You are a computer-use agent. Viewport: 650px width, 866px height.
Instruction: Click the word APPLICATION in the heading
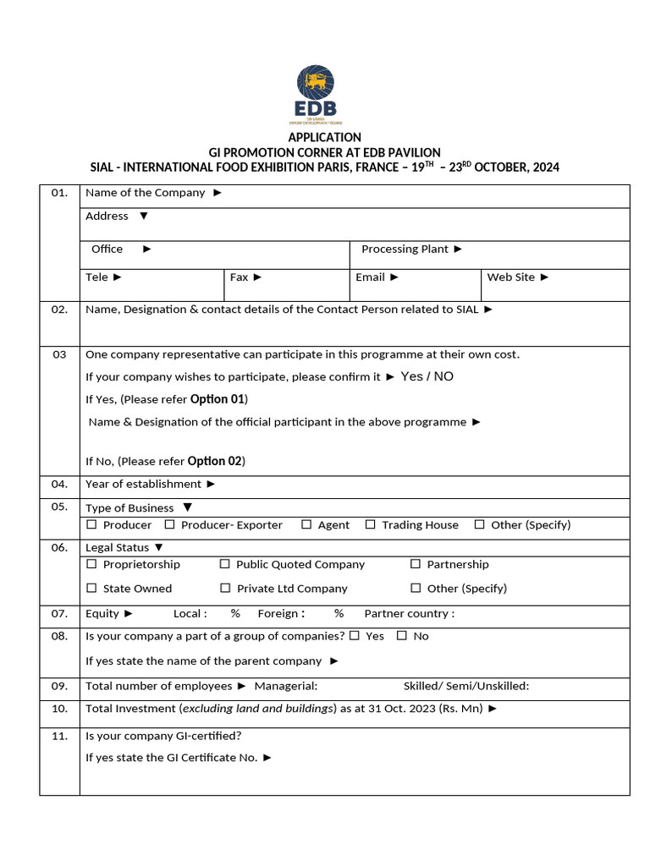pyautogui.click(x=324, y=137)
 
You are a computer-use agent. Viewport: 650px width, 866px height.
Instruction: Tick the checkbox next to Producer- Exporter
pyautogui.click(x=169, y=524)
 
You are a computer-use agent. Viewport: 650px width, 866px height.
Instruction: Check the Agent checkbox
pyautogui.click(x=306, y=524)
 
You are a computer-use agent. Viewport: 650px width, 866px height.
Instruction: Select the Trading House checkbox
pyautogui.click(x=370, y=524)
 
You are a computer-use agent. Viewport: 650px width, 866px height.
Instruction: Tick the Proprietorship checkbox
pyautogui.click(x=91, y=564)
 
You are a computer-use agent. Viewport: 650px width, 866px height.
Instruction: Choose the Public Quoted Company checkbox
pyautogui.click(x=224, y=564)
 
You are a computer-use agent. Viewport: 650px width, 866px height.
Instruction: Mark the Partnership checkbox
pyautogui.click(x=416, y=564)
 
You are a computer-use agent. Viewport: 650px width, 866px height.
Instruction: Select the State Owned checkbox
pyautogui.click(x=91, y=588)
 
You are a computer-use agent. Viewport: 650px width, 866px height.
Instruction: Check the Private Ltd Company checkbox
pyautogui.click(x=224, y=588)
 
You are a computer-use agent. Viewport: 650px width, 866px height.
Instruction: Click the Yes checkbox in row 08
pyautogui.click(x=354, y=635)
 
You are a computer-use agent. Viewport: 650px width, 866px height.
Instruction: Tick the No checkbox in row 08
pyautogui.click(x=401, y=635)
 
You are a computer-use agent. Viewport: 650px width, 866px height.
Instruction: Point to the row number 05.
pyautogui.click(x=59, y=507)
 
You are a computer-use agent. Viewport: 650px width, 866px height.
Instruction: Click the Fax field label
pyautogui.click(x=240, y=277)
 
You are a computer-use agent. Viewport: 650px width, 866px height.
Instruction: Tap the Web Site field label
pyautogui.click(x=510, y=277)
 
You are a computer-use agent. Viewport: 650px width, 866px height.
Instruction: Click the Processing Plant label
pyautogui.click(x=405, y=249)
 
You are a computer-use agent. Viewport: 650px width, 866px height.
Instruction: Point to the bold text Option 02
pyautogui.click(x=215, y=461)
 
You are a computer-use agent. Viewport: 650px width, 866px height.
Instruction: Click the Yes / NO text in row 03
pyautogui.click(x=427, y=376)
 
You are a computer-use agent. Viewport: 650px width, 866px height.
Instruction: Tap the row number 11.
pyautogui.click(x=59, y=736)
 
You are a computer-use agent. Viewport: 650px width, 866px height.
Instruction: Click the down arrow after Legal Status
pyautogui.click(x=159, y=547)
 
